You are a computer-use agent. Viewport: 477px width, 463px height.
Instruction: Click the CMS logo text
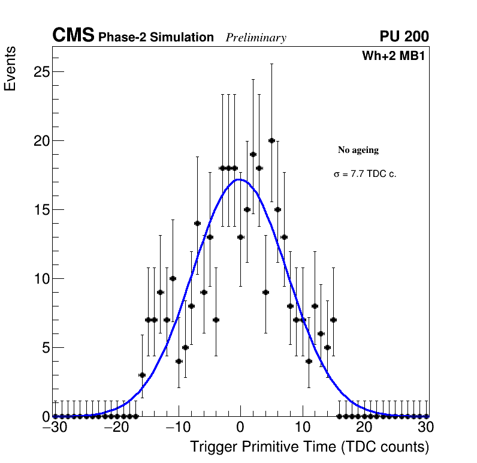point(73,36)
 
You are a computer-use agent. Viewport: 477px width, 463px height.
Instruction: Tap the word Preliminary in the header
point(256,38)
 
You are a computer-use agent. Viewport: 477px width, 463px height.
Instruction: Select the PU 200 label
point(404,37)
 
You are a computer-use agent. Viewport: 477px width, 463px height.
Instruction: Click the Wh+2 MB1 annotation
point(393,56)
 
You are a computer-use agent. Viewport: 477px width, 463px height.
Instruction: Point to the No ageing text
point(358,150)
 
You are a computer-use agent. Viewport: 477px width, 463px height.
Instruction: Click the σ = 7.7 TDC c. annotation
point(365,175)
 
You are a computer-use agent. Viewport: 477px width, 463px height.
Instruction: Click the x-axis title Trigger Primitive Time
point(309,447)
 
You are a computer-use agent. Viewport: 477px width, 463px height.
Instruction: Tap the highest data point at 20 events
point(271,140)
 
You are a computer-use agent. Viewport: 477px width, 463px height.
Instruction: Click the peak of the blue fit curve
point(238,179)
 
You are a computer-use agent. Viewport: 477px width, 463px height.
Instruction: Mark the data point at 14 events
point(197,223)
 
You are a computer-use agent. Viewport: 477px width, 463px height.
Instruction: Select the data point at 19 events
point(253,154)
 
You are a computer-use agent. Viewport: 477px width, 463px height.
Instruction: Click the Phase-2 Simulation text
point(156,38)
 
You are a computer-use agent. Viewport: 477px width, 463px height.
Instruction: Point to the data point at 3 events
point(142,375)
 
